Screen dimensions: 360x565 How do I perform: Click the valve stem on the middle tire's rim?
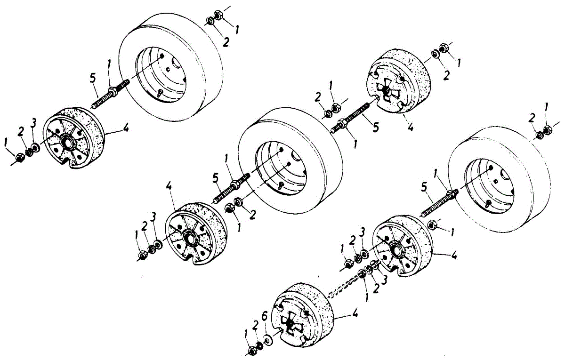[x=280, y=184]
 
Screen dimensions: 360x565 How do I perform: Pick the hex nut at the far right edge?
[x=547, y=130]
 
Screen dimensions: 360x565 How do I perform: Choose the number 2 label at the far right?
[x=532, y=118]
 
